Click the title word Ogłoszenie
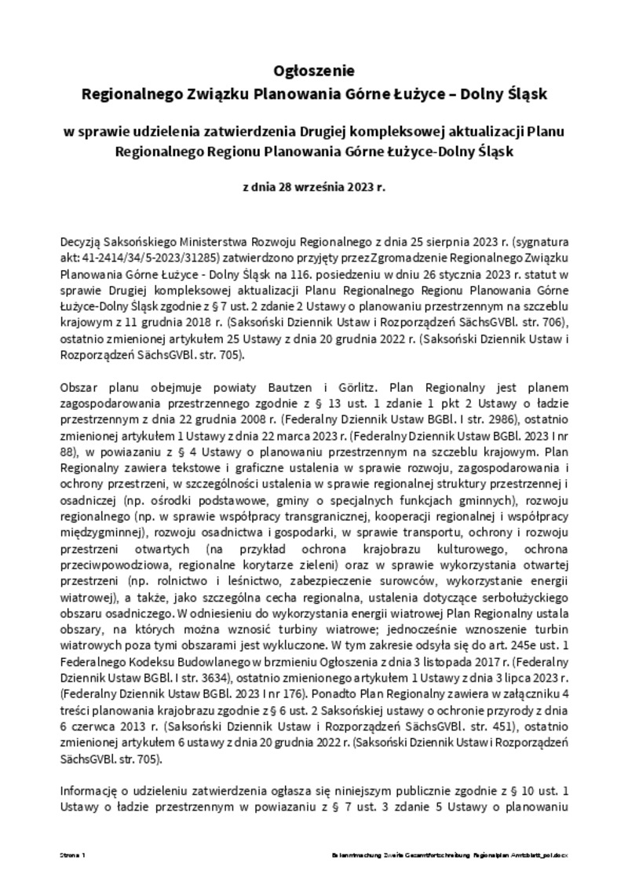pos(314,71)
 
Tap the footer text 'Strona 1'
pos(73,853)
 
